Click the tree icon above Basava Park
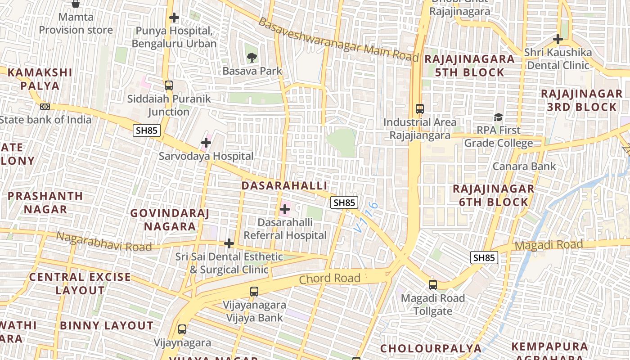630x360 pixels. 252,57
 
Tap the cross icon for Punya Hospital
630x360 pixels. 174,18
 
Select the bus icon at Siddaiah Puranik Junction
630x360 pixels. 169,85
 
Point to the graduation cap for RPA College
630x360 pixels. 498,117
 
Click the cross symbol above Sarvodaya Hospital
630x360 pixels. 206,143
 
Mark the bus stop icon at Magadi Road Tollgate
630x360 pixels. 432,284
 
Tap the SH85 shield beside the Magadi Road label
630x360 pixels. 484,258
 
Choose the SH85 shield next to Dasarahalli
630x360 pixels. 345,202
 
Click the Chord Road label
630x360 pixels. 330,279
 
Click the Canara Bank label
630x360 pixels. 524,166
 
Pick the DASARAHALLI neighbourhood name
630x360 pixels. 284,185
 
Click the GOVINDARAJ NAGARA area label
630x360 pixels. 170,220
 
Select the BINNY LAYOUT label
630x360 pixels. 107,325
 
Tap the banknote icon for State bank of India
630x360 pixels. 45,107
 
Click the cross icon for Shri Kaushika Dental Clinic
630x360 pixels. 558,39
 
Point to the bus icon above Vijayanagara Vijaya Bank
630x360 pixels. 254,291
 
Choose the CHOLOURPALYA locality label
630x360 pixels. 431,348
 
